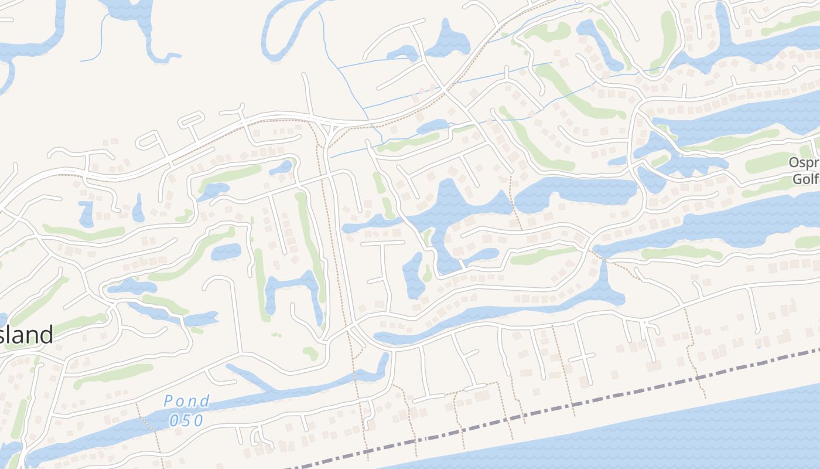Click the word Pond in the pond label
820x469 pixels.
coord(186,402)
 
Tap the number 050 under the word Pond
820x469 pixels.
coord(186,420)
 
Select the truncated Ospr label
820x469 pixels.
coord(804,162)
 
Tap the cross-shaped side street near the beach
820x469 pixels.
coord(583,358)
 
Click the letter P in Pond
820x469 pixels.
coord(168,402)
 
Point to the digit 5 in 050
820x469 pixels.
coord(186,420)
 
